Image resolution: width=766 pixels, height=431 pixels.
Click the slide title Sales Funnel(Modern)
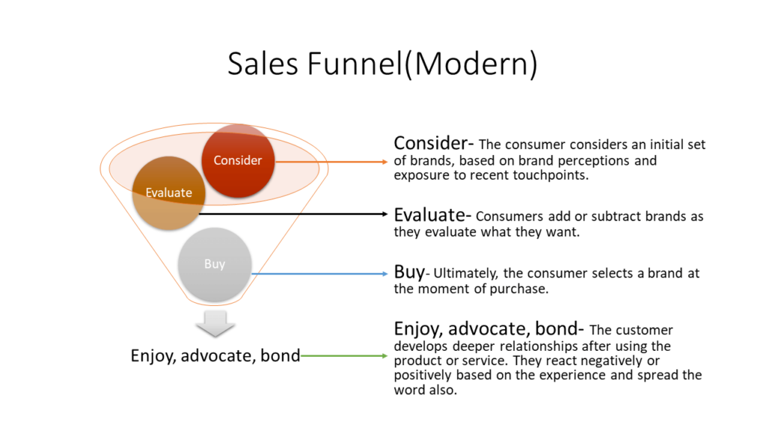coord(382,64)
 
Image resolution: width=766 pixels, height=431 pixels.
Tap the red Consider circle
coord(238,160)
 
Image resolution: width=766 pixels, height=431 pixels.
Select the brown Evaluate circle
coord(168,192)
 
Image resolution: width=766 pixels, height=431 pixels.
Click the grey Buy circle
coord(215,264)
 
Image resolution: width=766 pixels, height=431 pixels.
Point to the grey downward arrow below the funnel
coord(214,323)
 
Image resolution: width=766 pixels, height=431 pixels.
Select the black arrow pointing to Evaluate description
coord(299,214)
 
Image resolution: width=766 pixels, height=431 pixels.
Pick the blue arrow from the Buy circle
coord(322,274)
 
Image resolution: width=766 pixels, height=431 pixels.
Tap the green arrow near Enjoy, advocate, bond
coord(344,356)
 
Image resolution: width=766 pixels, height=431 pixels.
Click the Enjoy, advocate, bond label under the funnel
coord(215,356)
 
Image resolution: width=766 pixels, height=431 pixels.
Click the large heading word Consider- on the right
coord(435,143)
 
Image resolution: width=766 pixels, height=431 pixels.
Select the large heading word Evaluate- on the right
coord(432,215)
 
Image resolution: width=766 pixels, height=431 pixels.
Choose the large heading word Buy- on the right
coord(408,272)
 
